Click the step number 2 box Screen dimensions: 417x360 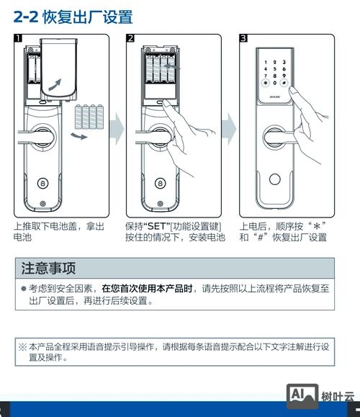pos(130,37)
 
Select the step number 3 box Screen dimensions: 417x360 pos(243,37)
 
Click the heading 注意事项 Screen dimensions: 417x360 pos(48,269)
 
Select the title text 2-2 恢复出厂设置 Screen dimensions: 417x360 pos(73,16)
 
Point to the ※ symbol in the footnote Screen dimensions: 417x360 pos(23,346)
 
